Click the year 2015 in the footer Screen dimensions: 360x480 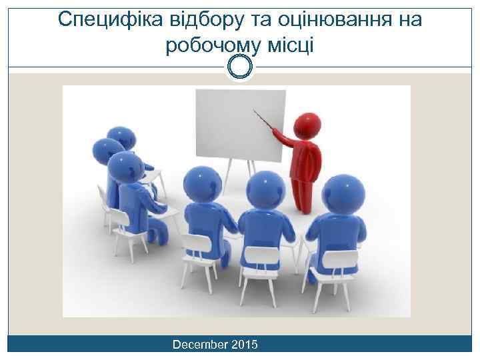(x=246, y=345)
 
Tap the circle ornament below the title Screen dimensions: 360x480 (x=239, y=66)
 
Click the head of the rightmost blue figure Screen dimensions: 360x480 (x=345, y=193)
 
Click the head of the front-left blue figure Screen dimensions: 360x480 (x=202, y=184)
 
